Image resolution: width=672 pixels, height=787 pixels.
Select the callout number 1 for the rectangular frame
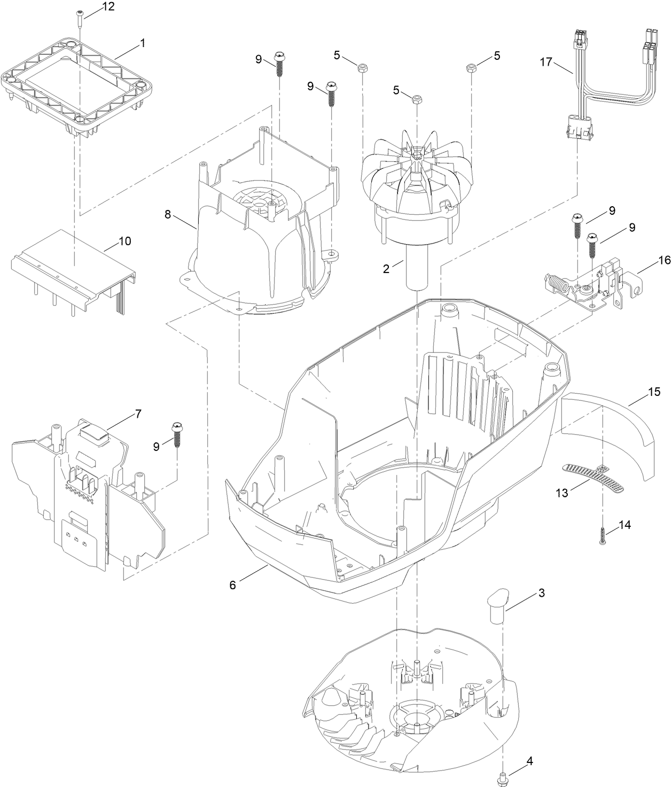click(143, 44)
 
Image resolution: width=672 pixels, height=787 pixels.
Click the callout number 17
click(545, 62)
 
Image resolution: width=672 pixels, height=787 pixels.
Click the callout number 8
click(168, 215)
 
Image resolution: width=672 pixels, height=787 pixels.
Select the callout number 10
click(124, 241)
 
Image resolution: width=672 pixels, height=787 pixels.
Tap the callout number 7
click(138, 414)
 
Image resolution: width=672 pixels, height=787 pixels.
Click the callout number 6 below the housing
click(232, 585)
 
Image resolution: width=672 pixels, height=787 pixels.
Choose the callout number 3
click(541, 593)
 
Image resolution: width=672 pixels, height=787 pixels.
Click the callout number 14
click(624, 525)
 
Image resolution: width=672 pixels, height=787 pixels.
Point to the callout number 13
click(562, 493)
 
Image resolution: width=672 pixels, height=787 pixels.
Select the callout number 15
click(654, 392)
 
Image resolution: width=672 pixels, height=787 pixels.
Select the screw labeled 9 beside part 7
click(176, 433)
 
